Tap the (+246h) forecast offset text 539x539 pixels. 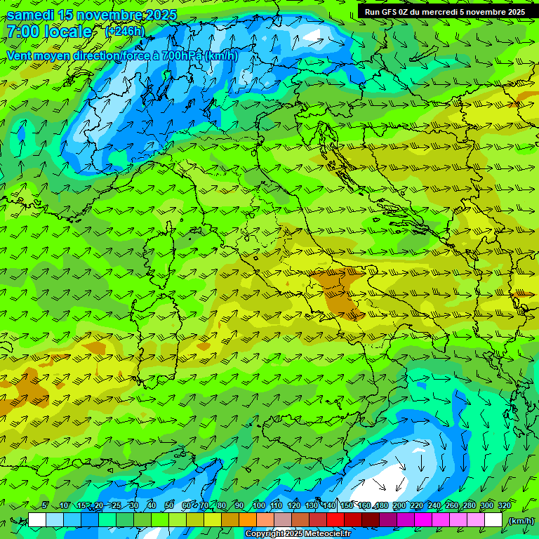pos(125,31)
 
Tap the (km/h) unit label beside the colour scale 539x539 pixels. pos(521,521)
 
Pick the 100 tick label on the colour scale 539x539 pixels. pos(258,506)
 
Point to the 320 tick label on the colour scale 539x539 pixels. pos(504,506)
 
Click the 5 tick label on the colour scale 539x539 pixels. pos(45,506)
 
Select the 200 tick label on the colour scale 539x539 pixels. pos(399,506)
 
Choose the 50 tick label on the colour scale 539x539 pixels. pos(169,506)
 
